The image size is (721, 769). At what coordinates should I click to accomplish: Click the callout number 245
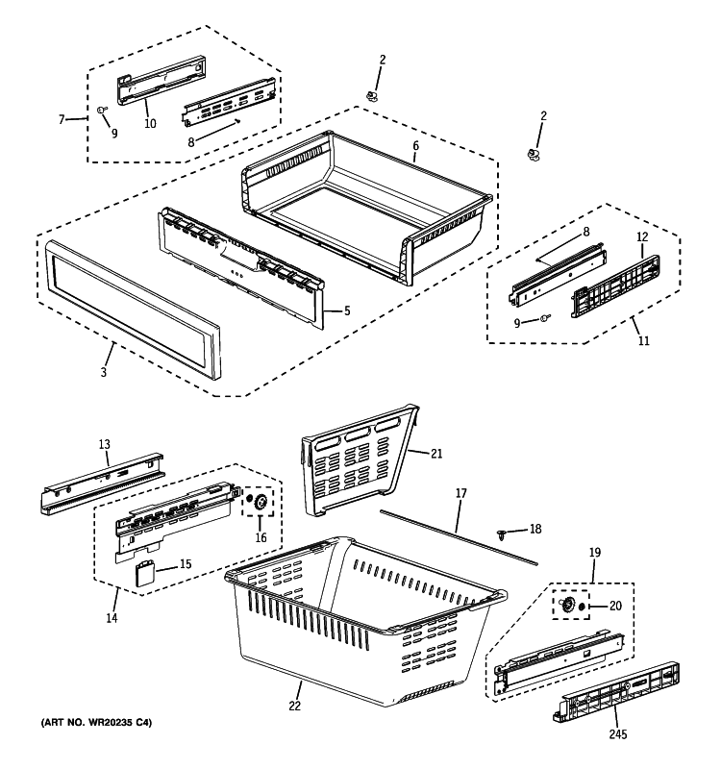617,735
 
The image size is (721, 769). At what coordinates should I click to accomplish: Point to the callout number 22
295,707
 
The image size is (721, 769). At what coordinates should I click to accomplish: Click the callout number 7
62,119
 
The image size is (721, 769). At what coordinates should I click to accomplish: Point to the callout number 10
150,123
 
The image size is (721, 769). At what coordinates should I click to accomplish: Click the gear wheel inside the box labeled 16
259,502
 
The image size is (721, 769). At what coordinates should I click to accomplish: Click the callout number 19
594,553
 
